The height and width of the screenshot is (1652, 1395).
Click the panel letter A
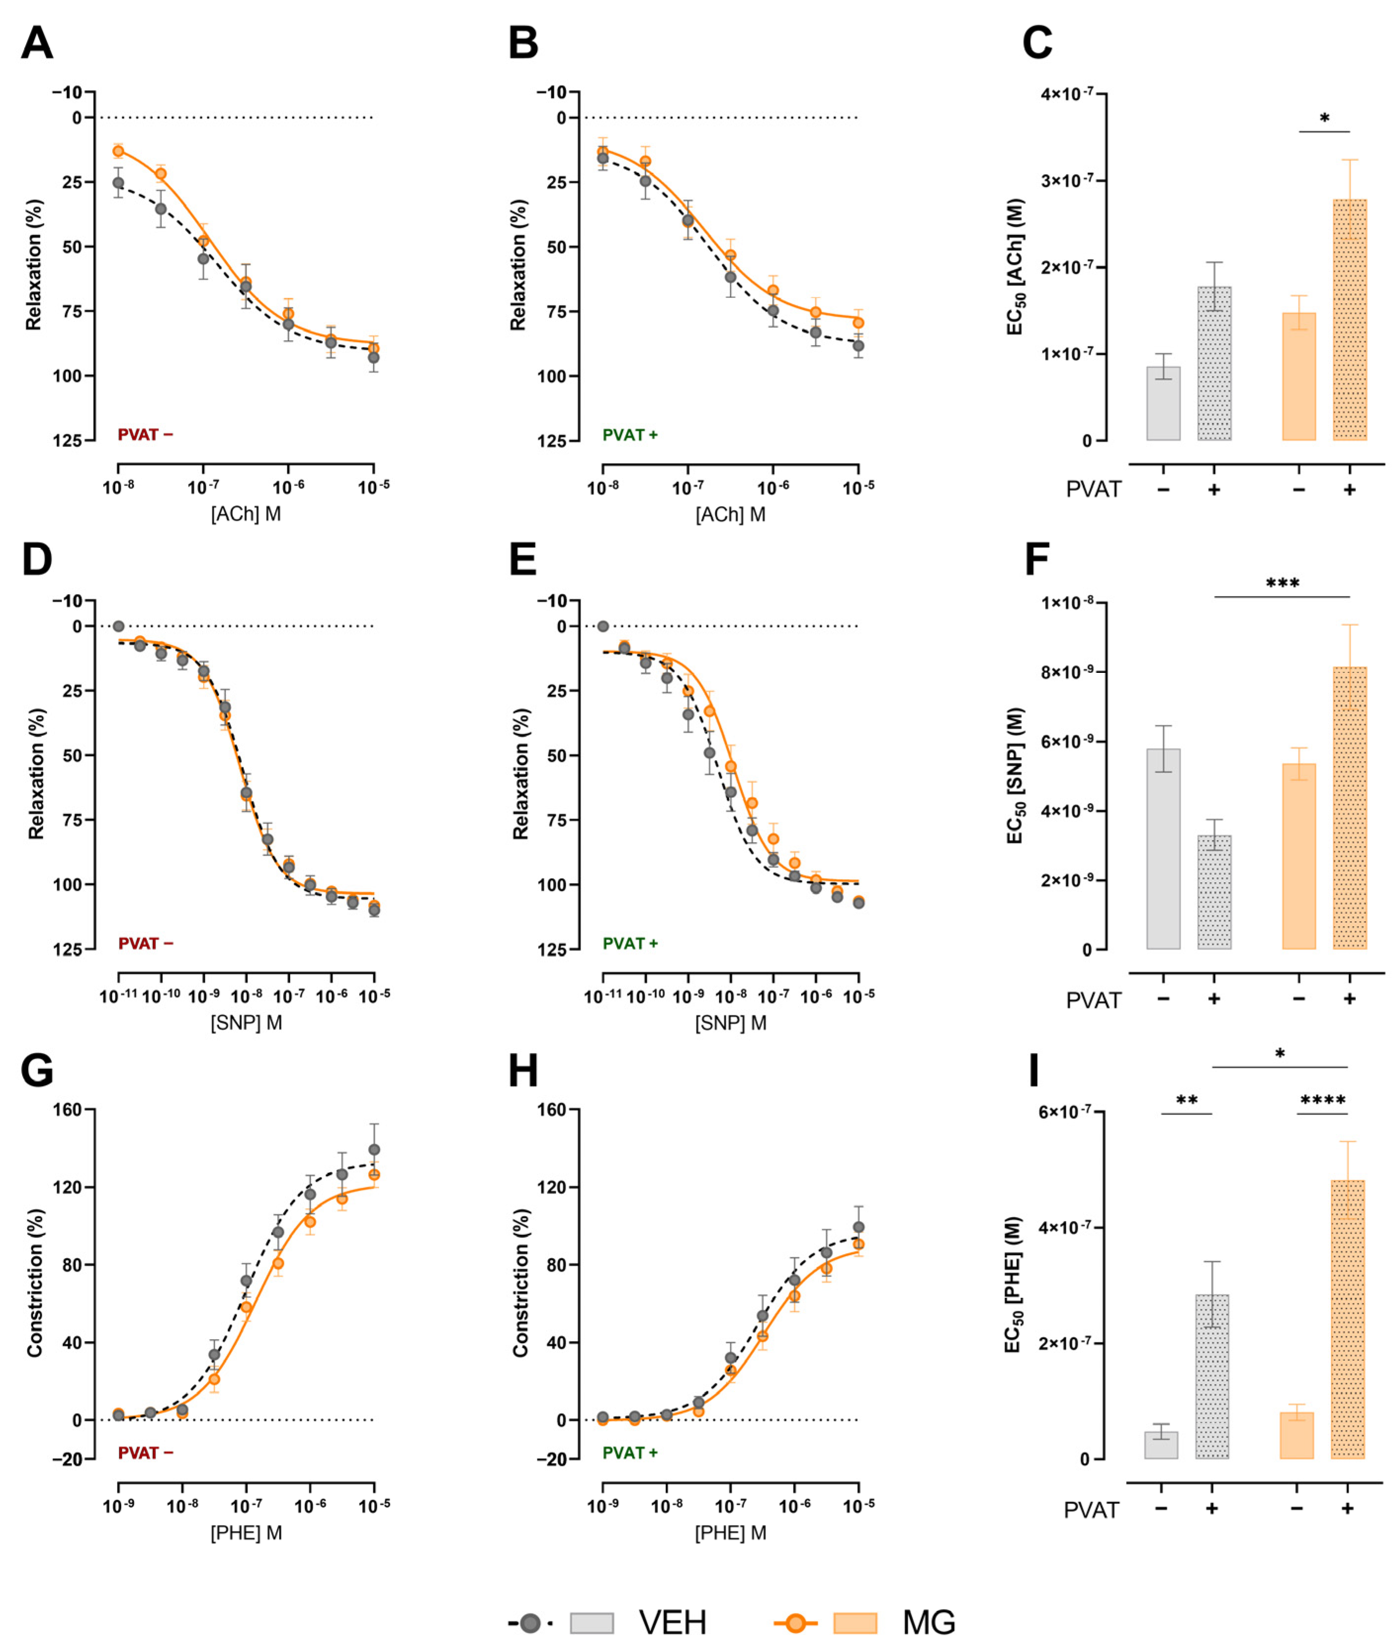[x=37, y=43]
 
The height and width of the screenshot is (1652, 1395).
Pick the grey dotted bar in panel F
[x=1214, y=892]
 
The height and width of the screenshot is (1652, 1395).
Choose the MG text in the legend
[x=929, y=1623]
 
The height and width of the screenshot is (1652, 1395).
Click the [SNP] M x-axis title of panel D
[x=246, y=1023]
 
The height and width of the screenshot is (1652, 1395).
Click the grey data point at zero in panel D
[x=119, y=626]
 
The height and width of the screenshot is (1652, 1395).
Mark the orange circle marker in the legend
[x=796, y=1623]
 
